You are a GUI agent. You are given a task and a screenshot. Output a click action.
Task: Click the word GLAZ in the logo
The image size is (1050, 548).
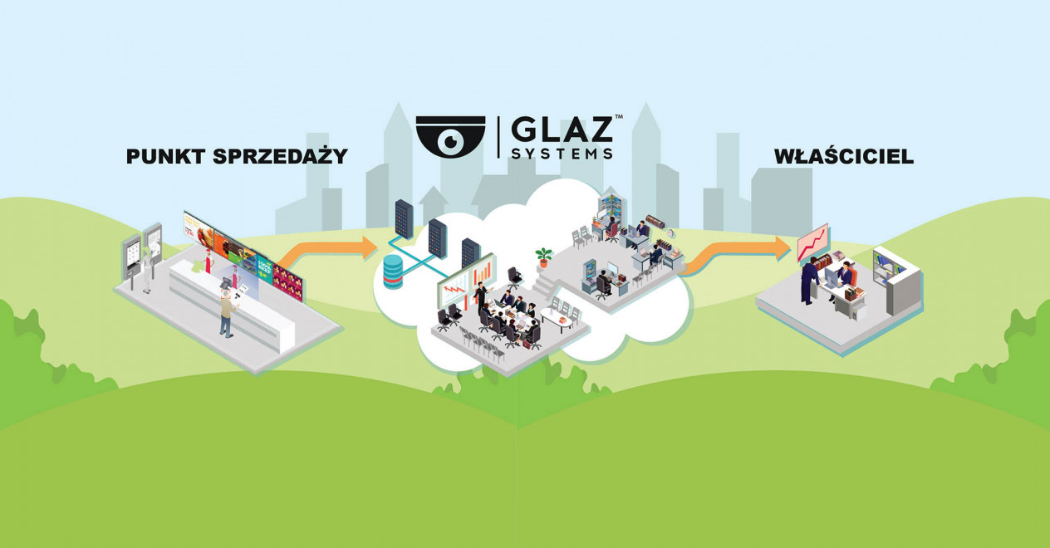tap(562, 130)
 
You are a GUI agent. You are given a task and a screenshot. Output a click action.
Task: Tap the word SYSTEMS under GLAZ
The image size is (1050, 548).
tap(562, 154)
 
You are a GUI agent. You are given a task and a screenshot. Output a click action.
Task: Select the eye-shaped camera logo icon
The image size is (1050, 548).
tap(449, 135)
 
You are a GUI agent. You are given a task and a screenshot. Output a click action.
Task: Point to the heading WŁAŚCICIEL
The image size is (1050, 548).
tap(843, 156)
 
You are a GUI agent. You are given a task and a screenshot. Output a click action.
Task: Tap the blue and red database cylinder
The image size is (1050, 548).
tap(393, 272)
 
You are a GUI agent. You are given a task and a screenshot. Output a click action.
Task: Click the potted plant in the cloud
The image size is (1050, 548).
tap(544, 257)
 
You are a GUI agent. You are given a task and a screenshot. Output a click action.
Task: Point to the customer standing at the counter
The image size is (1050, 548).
tap(226, 314)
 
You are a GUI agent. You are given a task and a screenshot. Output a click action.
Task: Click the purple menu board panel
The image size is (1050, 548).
tap(287, 281)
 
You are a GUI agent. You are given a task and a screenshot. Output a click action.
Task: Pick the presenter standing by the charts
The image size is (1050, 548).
tap(479, 296)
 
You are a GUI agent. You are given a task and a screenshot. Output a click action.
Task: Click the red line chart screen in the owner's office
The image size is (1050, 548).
tap(812, 242)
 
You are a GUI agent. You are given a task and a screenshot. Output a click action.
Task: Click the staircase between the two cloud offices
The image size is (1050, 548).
tap(544, 287)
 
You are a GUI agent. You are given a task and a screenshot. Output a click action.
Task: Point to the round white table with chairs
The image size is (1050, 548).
tap(557, 316)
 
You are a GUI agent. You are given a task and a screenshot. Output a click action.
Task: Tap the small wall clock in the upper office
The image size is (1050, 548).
tap(670, 232)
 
